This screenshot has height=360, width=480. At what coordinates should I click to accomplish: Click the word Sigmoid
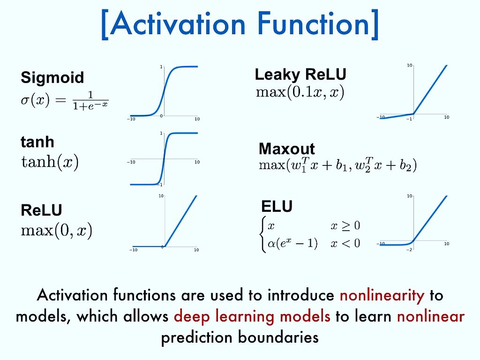[x=52, y=77]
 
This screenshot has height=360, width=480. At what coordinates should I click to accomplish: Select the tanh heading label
[x=37, y=142]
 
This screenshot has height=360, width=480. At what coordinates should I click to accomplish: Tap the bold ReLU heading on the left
[x=41, y=210]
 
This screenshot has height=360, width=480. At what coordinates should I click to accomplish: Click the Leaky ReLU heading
[x=300, y=74]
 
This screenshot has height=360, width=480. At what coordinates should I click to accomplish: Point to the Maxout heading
[x=287, y=149]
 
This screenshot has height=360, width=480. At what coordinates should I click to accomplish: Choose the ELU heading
[x=277, y=207]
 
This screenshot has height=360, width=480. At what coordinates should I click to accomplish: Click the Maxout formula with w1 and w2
[x=337, y=165]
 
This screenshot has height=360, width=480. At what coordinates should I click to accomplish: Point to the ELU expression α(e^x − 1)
[x=292, y=244]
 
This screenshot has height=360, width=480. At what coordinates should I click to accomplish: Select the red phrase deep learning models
[x=252, y=316]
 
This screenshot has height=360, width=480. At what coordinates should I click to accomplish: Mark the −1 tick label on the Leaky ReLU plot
[x=409, y=119]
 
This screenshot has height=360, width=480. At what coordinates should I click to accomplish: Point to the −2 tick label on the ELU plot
[x=410, y=249]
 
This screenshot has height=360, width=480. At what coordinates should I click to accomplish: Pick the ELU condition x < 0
[x=345, y=244]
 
